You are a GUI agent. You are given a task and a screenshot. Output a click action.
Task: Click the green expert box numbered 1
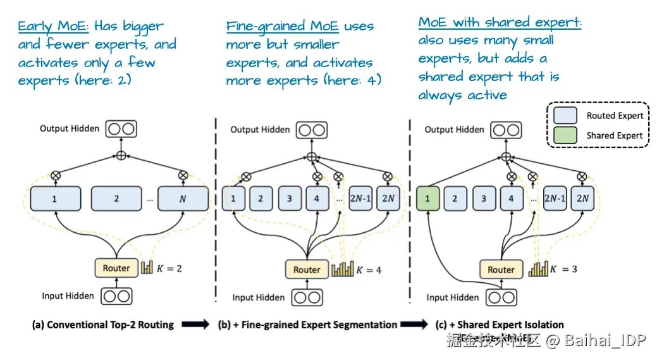(427, 198)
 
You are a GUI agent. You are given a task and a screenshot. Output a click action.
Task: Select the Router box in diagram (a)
(116, 268)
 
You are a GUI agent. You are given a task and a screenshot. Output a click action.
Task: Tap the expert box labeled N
(183, 198)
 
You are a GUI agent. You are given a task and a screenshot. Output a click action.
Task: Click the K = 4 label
(369, 270)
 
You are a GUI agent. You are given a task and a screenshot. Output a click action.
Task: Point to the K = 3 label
(564, 269)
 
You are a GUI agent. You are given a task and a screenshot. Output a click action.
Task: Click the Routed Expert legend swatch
(565, 115)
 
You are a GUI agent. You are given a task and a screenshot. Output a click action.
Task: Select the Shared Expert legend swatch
(565, 135)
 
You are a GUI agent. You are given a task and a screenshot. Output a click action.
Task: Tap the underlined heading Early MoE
(54, 27)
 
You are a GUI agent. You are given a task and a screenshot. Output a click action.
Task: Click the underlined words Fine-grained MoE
(282, 27)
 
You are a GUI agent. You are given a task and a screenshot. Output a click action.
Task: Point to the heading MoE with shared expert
(500, 23)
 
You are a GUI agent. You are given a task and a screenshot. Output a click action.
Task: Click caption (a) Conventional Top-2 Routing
(103, 325)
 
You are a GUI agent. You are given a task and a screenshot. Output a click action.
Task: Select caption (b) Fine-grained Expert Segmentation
(307, 325)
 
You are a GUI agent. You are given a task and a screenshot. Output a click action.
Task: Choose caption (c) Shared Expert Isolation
(500, 325)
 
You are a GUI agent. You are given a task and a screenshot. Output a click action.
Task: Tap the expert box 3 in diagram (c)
(484, 198)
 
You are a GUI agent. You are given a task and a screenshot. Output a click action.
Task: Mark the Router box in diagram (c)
(501, 270)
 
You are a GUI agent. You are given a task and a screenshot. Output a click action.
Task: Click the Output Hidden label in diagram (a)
(70, 128)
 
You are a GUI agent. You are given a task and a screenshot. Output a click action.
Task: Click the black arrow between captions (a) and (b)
(195, 325)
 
